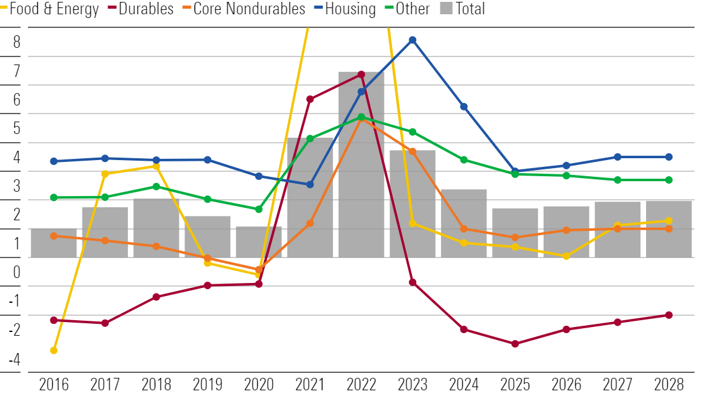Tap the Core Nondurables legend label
click(x=249, y=9)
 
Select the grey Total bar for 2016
click(x=53, y=243)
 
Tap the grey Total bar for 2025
click(x=515, y=233)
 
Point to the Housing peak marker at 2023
click(x=413, y=40)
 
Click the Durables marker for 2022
click(x=361, y=74)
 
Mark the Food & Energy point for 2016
click(x=53, y=351)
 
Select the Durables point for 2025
click(x=515, y=344)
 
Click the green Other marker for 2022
click(x=361, y=117)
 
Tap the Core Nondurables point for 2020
click(x=258, y=270)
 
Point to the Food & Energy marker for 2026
click(x=566, y=256)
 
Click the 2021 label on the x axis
click(x=310, y=384)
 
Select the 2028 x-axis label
click(x=668, y=384)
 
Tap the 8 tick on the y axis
click(x=17, y=42)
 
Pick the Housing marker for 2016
click(x=53, y=161)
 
